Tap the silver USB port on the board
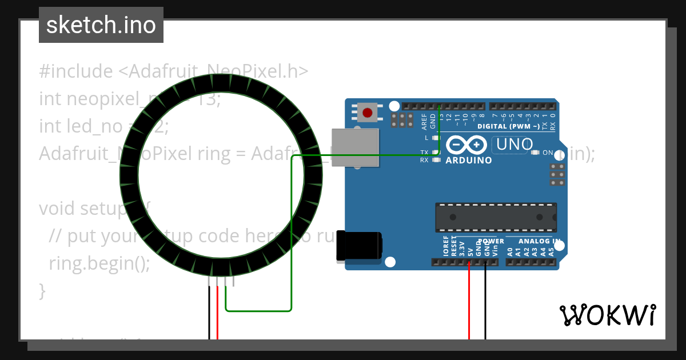(355, 147)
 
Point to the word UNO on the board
(514, 145)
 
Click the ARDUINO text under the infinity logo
(468, 161)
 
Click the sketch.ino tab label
(101, 25)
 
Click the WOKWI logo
(607, 315)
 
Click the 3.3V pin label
(462, 247)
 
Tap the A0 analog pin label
(510, 250)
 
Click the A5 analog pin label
(551, 250)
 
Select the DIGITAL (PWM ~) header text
(508, 126)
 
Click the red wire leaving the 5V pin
(469, 303)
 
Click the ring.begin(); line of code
(99, 263)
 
